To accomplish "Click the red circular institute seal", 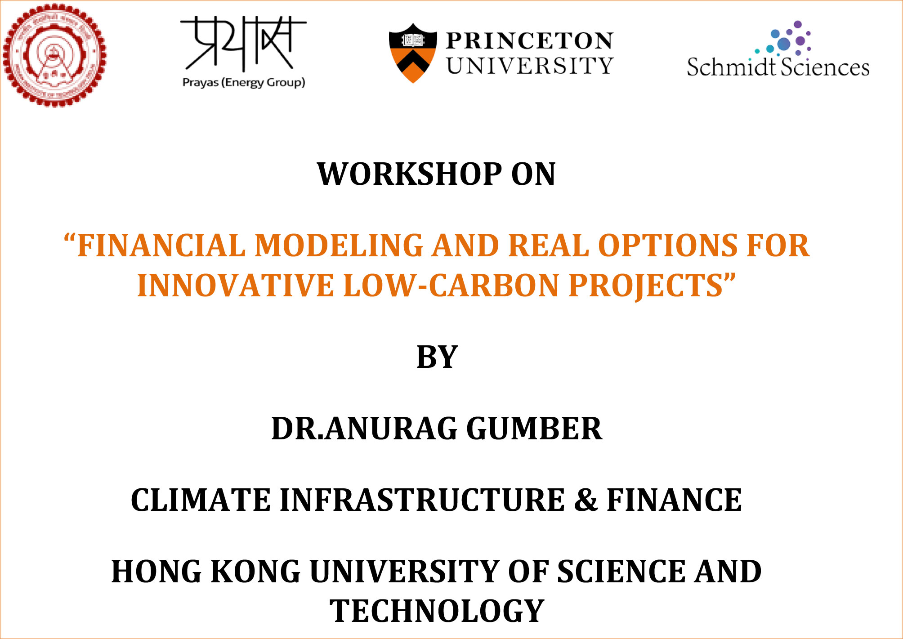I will pyautogui.click(x=54, y=55).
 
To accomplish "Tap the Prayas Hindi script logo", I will pyautogui.click(x=243, y=44).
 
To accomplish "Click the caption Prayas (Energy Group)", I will pyautogui.click(x=243, y=82).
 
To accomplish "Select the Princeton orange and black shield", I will pyautogui.click(x=412, y=53).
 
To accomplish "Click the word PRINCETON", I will pyautogui.click(x=529, y=41).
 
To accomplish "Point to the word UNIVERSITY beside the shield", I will pyautogui.click(x=530, y=66).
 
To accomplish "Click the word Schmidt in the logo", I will pyautogui.click(x=731, y=67).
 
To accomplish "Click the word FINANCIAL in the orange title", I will pyautogui.click(x=161, y=246).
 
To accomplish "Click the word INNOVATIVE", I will pyautogui.click(x=235, y=286).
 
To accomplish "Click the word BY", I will pyautogui.click(x=437, y=357).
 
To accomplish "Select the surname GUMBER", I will pyautogui.click(x=534, y=429).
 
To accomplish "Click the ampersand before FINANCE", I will pyautogui.click(x=586, y=500).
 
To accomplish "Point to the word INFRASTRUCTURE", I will pyautogui.click(x=422, y=500).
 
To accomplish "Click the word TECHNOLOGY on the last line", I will pyautogui.click(x=437, y=611).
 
